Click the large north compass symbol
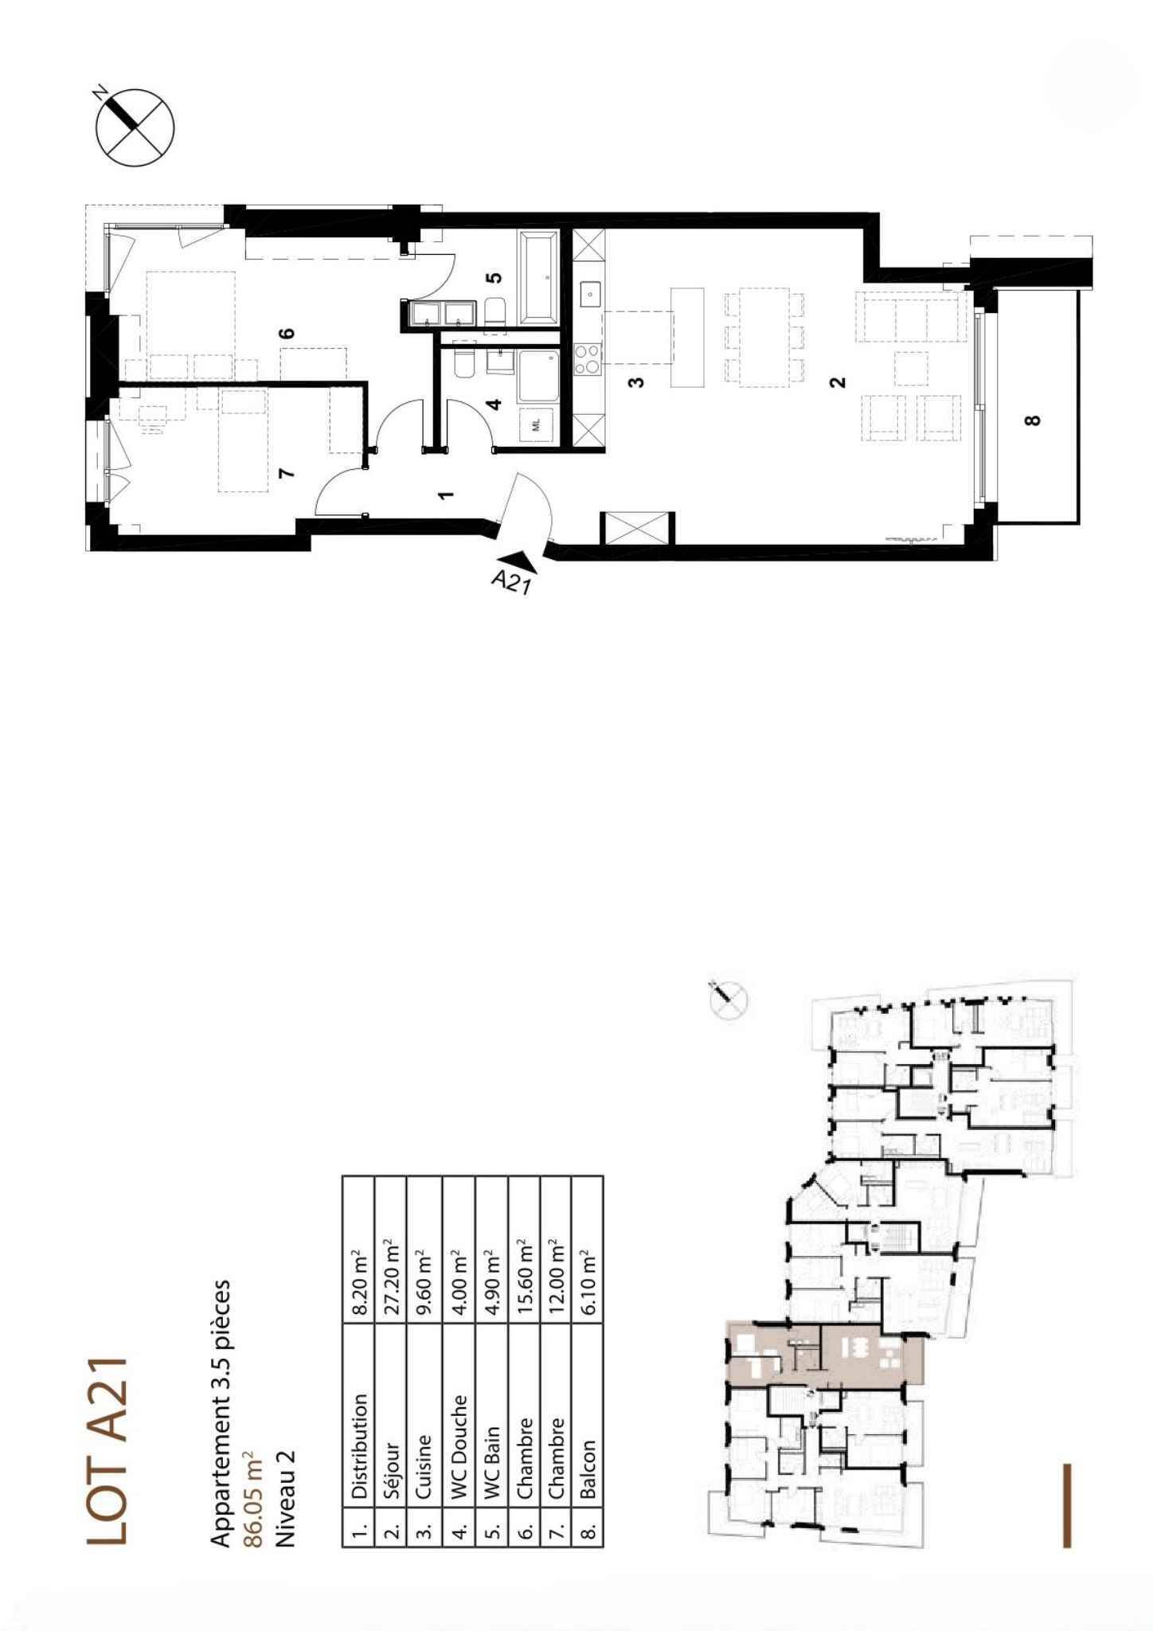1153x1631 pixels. [x=135, y=127]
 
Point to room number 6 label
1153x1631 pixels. [x=288, y=332]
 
